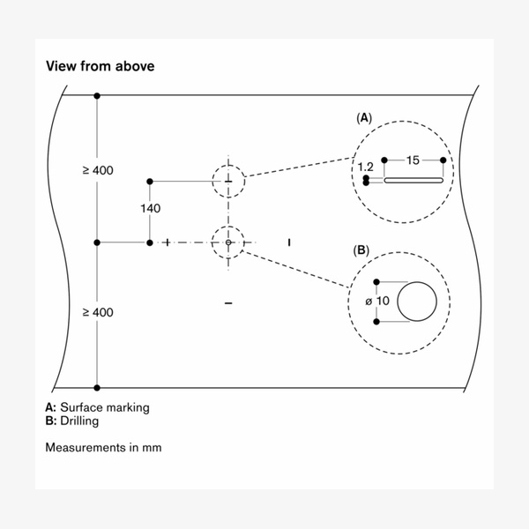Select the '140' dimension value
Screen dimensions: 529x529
150,209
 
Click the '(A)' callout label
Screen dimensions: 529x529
363,117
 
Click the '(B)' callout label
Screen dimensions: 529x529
361,250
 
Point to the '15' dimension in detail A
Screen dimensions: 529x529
413,160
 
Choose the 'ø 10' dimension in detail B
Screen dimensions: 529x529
376,302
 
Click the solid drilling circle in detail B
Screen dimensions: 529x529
417,302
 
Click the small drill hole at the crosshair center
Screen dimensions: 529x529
228,242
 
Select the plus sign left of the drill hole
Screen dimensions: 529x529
167,242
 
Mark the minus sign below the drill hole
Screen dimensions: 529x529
228,303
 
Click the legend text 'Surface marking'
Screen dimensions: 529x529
104,407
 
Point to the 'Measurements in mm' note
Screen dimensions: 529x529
103,447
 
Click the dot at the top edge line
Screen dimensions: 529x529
97,94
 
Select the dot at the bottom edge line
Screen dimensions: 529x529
97,387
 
